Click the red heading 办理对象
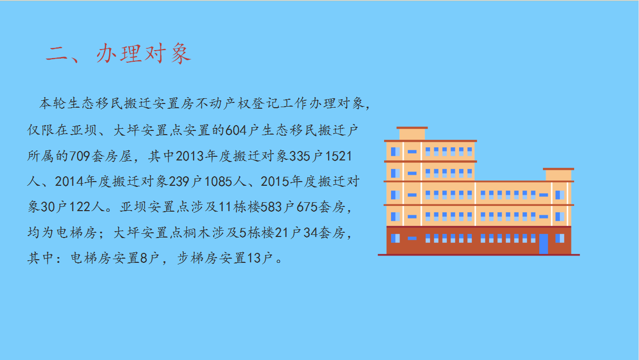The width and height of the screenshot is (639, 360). pos(144,54)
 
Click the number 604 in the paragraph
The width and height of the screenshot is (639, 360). pos(236,131)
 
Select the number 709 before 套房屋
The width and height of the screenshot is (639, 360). pos(80,156)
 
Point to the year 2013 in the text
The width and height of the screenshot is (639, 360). pos(190,156)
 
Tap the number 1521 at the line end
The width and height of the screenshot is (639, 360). pos(338,156)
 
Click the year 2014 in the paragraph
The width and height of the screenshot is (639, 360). pos(69,182)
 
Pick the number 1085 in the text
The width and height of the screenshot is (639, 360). pos(218,182)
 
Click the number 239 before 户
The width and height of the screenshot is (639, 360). pos(179,182)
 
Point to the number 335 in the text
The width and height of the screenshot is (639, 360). pos(300,156)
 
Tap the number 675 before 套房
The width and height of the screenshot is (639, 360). pos(307,207)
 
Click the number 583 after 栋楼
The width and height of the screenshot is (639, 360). pos(271,207)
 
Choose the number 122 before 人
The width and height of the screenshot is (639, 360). pos(80,207)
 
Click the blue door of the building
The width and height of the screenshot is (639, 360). pos(543,244)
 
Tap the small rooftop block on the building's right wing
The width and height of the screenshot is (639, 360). pos(558,175)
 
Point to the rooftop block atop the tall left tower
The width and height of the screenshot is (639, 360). pos(412,134)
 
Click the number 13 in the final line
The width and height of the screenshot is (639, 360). pos(254,258)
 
